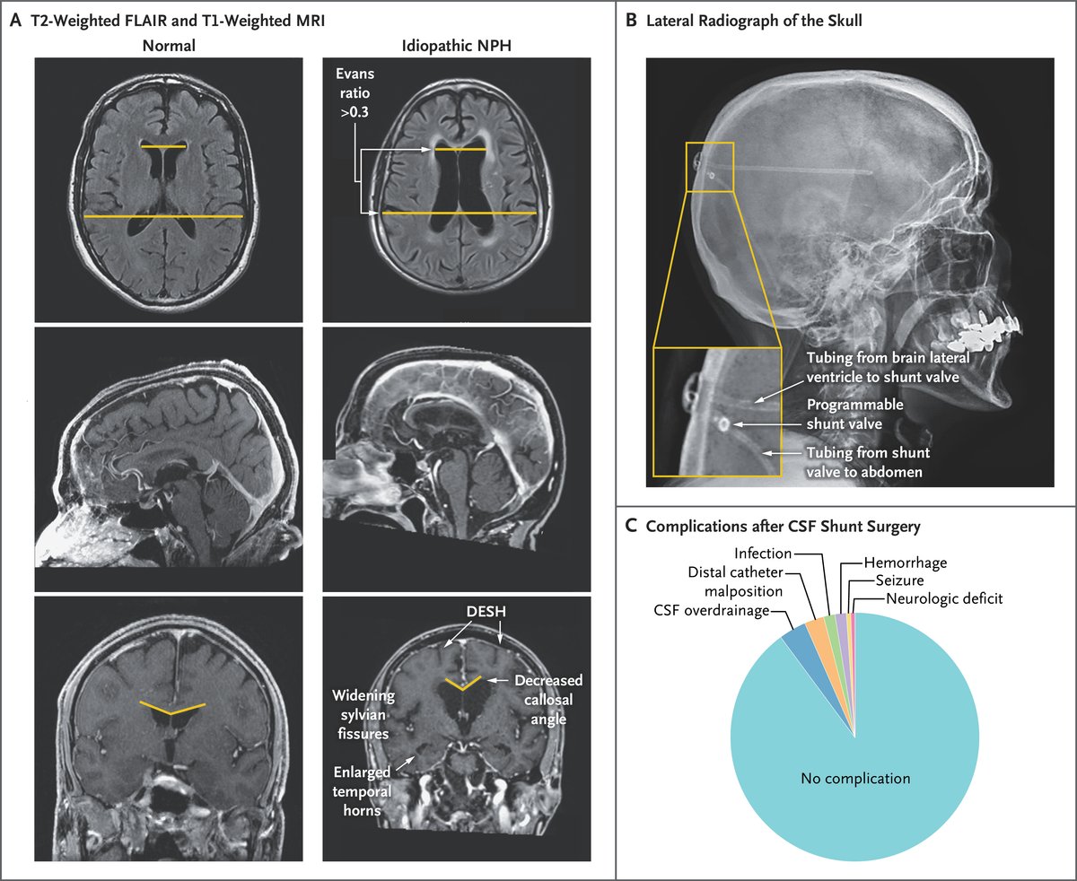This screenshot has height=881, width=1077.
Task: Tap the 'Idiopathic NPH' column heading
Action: tap(456, 43)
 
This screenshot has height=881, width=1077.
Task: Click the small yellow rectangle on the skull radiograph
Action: tap(710, 166)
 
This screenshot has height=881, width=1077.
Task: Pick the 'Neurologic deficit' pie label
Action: tap(942, 598)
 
